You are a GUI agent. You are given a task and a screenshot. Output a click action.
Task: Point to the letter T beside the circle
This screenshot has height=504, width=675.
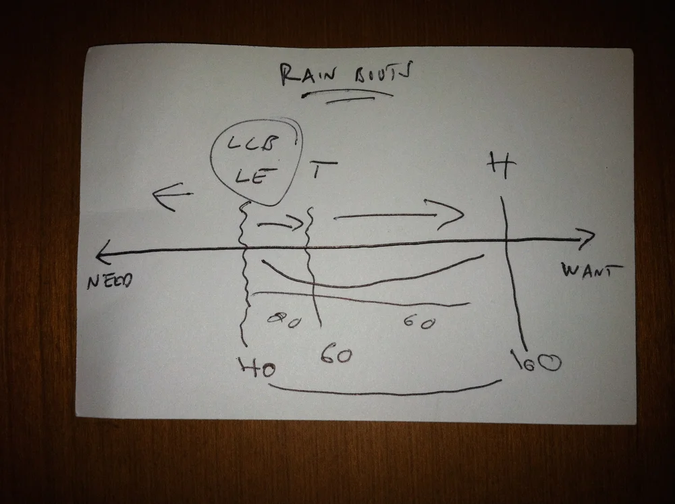(323, 171)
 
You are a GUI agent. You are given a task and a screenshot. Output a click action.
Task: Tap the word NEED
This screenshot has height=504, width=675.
(109, 280)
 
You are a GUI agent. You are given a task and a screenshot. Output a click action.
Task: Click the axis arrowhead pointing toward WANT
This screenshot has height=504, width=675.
(586, 237)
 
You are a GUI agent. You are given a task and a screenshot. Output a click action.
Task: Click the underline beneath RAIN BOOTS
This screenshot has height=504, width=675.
(356, 95)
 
